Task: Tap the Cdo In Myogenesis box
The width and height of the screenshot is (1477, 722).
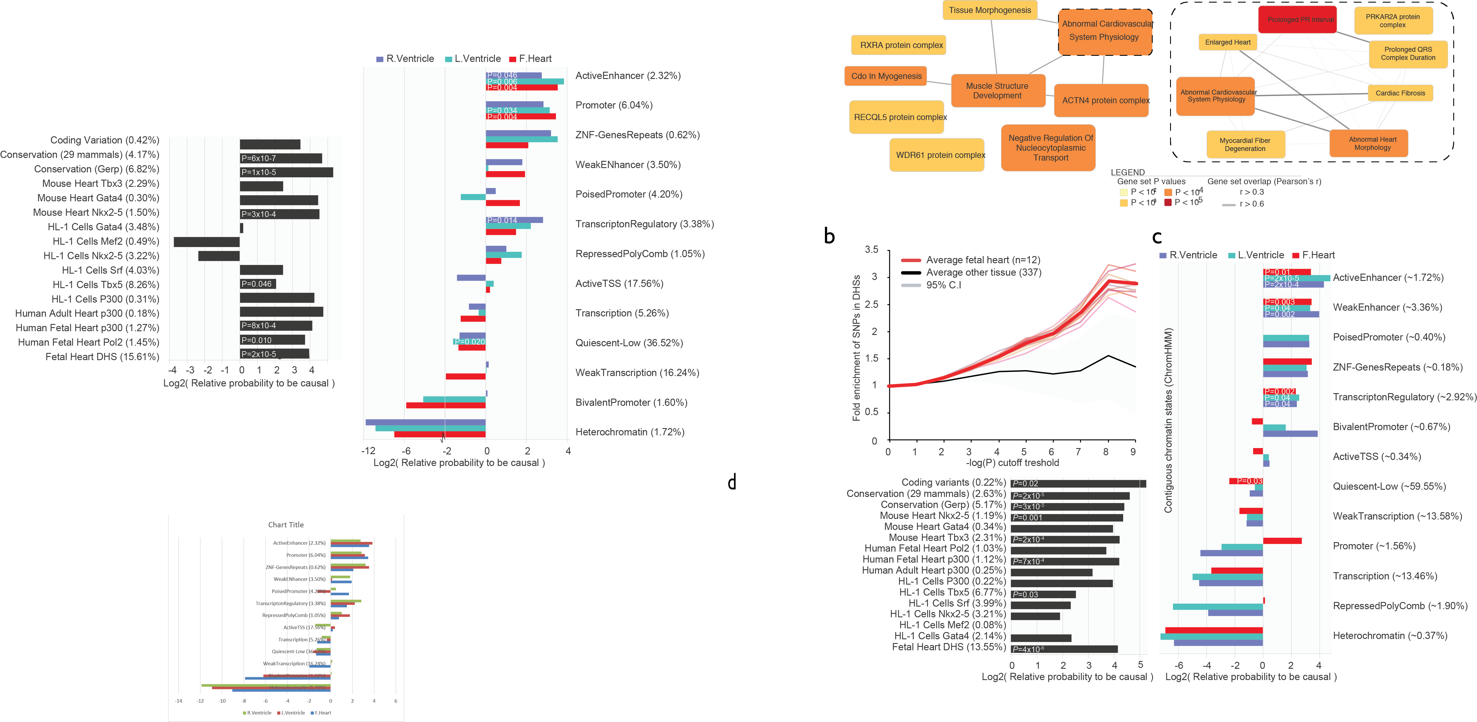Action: coord(886,76)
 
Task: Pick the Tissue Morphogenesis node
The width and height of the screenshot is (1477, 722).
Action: coord(990,10)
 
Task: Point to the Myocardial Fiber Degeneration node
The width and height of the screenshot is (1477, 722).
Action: coord(1245,144)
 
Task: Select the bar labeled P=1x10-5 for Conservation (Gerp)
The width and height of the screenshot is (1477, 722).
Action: coord(286,172)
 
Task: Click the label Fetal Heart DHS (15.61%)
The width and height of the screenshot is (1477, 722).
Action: coord(102,356)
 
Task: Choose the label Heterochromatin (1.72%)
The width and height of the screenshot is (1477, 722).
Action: coord(629,432)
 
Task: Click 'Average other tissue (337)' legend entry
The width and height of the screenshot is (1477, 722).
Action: coord(983,272)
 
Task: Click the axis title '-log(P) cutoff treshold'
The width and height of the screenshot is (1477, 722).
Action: coord(1012,463)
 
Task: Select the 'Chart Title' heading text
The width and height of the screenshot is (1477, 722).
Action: coord(285,524)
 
